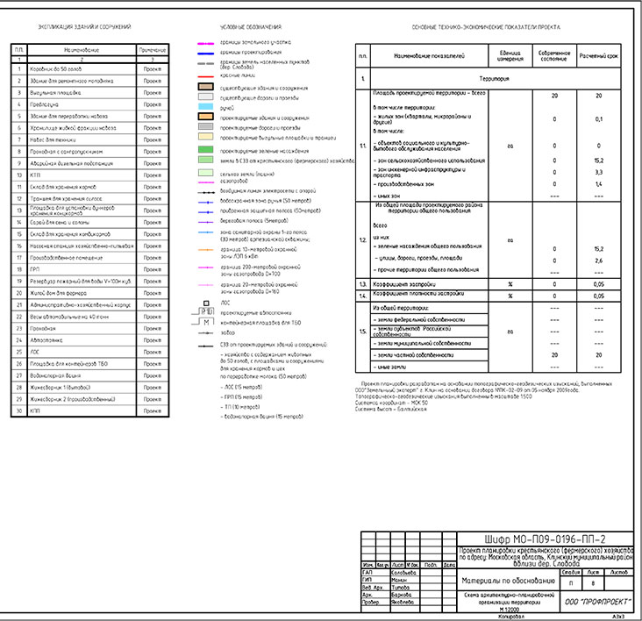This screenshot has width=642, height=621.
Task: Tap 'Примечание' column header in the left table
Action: click(153, 49)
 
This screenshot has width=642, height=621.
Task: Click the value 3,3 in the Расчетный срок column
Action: click(598, 173)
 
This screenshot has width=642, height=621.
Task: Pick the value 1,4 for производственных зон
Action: click(598, 184)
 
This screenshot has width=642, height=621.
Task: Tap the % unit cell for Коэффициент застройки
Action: click(510, 285)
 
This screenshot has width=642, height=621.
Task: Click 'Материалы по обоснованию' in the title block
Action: click(507, 581)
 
